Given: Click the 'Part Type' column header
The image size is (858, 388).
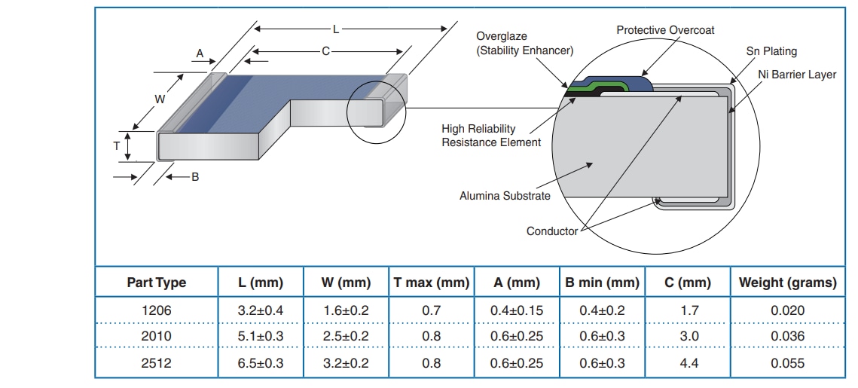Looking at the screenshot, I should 156,283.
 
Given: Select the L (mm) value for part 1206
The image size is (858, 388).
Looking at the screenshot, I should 261,310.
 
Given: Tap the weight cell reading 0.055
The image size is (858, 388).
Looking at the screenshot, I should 787,363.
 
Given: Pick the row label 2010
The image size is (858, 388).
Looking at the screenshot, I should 156,336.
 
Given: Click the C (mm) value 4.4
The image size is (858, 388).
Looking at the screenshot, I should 689,363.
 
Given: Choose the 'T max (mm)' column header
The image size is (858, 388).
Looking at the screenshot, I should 432,283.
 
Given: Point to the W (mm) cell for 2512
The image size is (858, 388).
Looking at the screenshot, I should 346,363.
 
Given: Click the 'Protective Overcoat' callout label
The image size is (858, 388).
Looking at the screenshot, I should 665,30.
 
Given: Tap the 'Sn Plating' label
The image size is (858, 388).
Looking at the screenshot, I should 771,51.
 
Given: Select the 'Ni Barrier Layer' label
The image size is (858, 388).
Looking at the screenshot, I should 797,75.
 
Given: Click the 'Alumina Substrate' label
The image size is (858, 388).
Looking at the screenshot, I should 505,196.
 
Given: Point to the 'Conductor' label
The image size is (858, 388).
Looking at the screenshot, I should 551,231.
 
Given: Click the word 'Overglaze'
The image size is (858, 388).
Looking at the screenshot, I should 502,36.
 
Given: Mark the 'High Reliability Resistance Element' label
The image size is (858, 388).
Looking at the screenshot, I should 491,136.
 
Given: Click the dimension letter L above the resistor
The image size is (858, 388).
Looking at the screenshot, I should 336,29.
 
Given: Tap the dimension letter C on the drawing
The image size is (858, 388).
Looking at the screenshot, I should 325,51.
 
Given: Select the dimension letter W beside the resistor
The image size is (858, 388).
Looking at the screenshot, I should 160,99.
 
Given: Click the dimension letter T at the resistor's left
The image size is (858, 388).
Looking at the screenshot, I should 117,146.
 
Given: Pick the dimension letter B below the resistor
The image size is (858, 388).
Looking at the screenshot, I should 195,177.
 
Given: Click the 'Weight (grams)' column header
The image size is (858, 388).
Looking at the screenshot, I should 787,283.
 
